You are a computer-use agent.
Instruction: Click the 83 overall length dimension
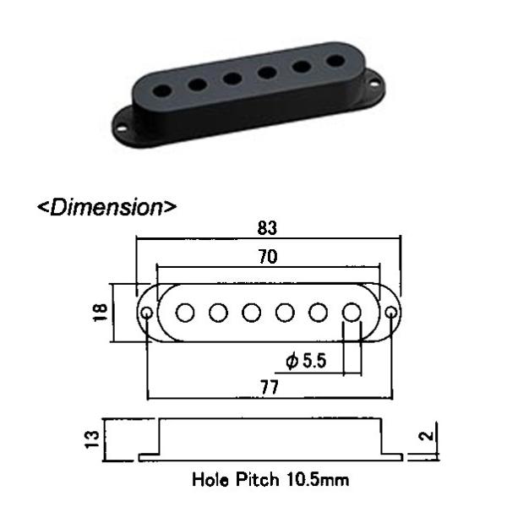point(267,228)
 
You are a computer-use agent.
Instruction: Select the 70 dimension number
point(268,257)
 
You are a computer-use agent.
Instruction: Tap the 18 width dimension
point(101,313)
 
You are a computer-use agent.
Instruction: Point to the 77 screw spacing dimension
point(270,387)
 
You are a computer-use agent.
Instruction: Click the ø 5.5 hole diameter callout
point(306,361)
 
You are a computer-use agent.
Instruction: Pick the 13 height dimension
point(92,439)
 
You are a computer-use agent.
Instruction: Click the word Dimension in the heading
point(106,207)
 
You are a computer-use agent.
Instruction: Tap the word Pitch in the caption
point(257,479)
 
